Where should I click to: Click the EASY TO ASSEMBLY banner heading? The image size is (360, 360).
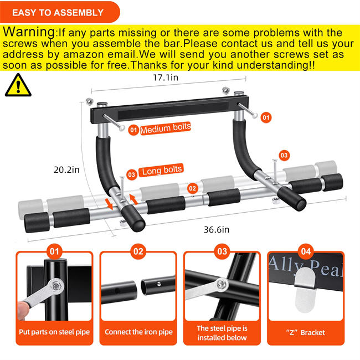coord(58,12)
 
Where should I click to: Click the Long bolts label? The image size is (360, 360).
coord(162,170)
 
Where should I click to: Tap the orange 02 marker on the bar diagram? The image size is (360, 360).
coord(192,189)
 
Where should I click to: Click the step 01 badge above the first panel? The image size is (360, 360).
coord(54,251)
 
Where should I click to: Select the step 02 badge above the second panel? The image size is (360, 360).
coord(138,251)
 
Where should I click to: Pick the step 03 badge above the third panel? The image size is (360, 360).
coord(222,251)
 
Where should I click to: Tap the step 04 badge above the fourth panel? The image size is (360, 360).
coord(306,251)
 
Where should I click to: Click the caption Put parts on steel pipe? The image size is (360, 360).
coord(54,332)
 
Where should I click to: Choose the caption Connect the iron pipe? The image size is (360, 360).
coord(138,332)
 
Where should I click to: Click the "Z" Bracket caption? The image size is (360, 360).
coord(306,332)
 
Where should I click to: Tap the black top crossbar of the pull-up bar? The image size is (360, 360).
coord(166,105)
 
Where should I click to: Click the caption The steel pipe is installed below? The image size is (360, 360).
coord(222,332)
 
